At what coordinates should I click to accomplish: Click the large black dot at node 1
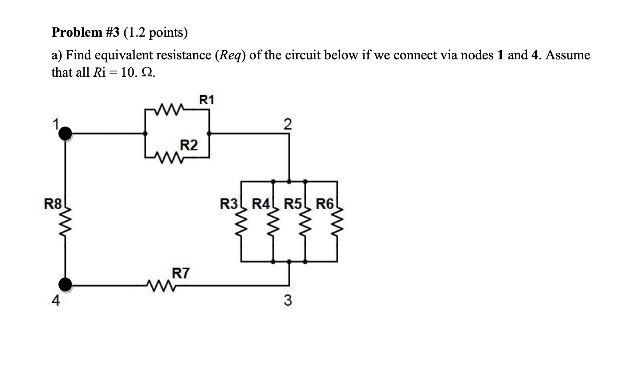[x=65, y=134]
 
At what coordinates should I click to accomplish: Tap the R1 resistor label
[x=207, y=100]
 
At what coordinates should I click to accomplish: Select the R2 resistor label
[x=188, y=145]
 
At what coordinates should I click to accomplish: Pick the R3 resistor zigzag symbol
[x=241, y=228]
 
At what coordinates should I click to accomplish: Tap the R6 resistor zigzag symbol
[x=337, y=228]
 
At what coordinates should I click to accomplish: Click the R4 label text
[x=261, y=204]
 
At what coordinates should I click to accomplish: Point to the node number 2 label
[x=287, y=124]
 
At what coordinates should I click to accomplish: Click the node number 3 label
[x=287, y=300]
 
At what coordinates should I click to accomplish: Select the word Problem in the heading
[x=77, y=32]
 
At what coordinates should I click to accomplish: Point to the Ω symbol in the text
[x=148, y=72]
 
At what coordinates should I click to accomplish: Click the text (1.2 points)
[x=156, y=32]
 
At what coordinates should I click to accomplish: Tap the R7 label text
[x=181, y=274]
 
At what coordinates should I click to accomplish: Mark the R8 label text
[x=53, y=204]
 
